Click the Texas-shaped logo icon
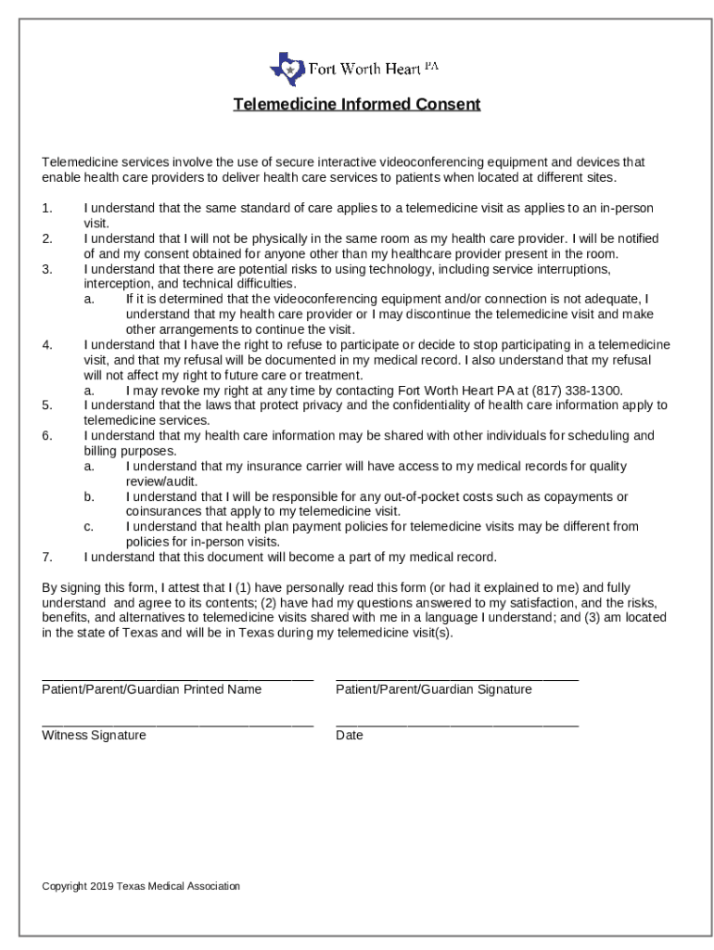(x=287, y=69)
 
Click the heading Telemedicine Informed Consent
(x=356, y=104)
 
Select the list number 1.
(x=47, y=208)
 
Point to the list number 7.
(x=47, y=558)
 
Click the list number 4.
(x=47, y=345)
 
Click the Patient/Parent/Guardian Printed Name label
(x=151, y=689)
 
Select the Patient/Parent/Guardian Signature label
(x=433, y=689)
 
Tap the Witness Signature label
(x=94, y=736)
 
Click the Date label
(x=350, y=736)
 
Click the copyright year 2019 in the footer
(x=102, y=887)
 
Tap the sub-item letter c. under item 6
(x=89, y=527)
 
